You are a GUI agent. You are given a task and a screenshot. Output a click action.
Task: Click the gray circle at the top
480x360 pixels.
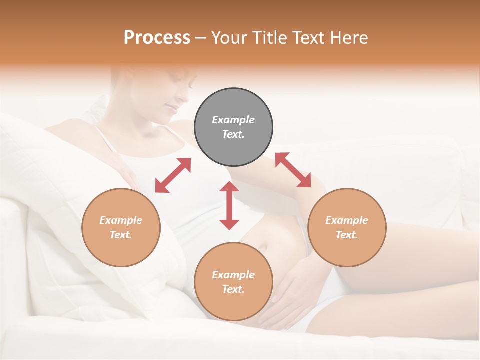(233, 127)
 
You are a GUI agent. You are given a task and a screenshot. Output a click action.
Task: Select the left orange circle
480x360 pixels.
(121, 227)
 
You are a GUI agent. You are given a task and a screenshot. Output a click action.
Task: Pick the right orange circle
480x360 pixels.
(347, 227)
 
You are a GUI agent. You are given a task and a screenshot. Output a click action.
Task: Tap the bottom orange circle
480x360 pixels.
(233, 282)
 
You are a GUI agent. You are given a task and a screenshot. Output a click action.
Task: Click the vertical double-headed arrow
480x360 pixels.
(229, 205)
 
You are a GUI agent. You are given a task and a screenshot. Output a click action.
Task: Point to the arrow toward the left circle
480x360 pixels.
(173, 175)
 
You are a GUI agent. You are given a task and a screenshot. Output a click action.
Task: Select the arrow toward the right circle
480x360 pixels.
(293, 170)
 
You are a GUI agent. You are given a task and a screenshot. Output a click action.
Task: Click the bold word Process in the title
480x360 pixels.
(157, 37)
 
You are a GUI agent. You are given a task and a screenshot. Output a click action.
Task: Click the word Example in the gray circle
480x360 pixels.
(233, 120)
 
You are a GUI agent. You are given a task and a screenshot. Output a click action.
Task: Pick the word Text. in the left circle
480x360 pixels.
(121, 235)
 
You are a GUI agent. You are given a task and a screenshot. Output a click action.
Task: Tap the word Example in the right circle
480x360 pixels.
(347, 220)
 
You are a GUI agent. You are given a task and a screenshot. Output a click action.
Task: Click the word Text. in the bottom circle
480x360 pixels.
(233, 289)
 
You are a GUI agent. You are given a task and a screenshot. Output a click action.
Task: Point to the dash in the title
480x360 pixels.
(201, 38)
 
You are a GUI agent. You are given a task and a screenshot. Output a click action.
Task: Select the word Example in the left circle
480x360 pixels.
(121, 220)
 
